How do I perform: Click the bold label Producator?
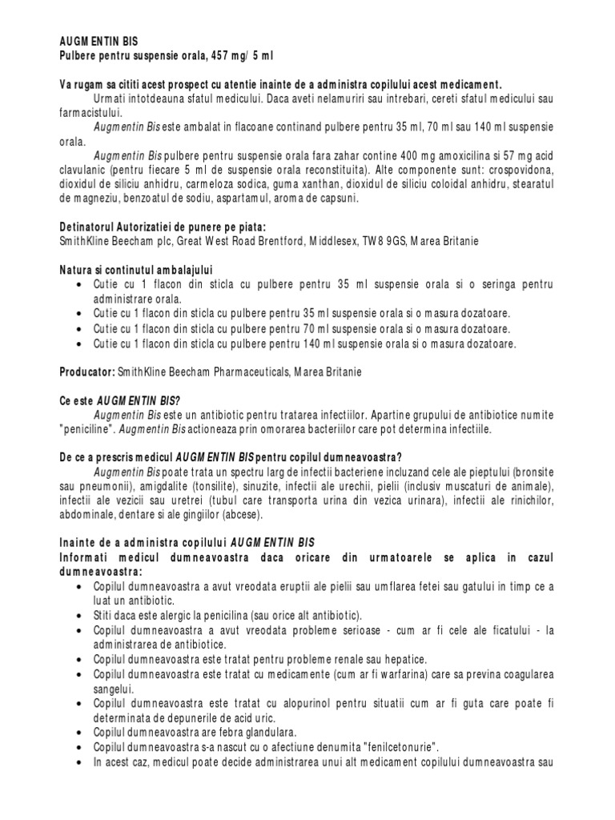[x=87, y=372]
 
